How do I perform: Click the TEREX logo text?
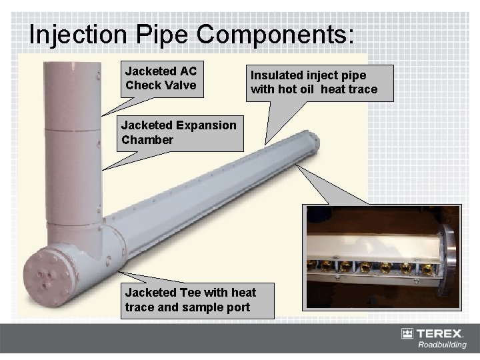click(443, 333)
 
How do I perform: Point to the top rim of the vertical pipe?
click(71, 61)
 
